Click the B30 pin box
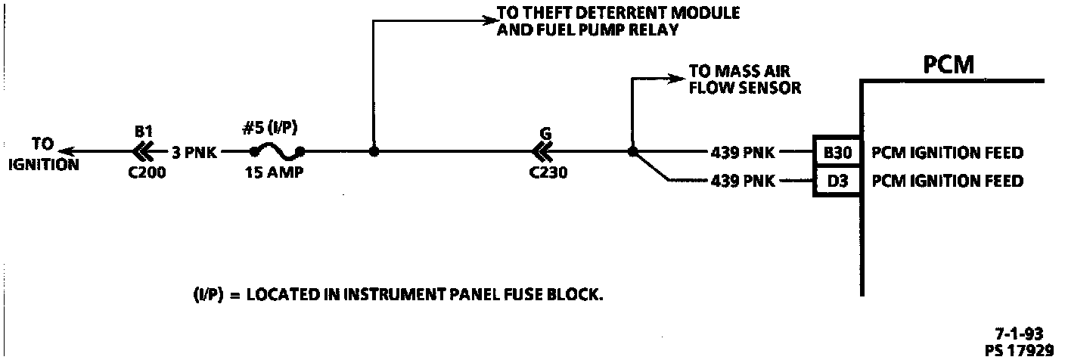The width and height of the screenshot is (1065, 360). tap(837, 153)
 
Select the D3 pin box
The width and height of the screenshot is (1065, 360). tap(837, 182)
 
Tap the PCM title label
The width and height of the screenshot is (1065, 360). tap(949, 66)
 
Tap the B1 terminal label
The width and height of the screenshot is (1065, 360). tap(144, 131)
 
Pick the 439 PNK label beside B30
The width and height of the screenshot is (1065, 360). tap(744, 153)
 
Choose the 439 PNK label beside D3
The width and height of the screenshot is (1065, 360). tap(744, 182)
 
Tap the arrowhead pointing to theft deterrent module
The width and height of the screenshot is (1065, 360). tap(486, 20)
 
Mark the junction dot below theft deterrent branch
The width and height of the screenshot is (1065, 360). tap(373, 151)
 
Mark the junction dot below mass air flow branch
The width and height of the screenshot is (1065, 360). tap(632, 151)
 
